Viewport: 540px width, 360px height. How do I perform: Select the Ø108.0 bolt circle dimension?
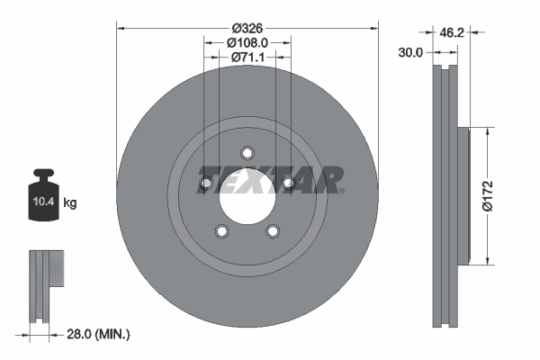(247, 40)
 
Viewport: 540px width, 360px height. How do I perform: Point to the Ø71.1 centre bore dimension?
(247, 58)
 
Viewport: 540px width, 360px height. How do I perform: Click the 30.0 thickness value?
(409, 53)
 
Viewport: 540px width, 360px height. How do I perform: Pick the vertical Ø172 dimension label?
(487, 196)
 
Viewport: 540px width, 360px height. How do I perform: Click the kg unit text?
(70, 204)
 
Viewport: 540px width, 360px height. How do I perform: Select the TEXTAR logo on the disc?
(270, 179)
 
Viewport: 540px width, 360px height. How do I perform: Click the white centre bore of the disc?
(246, 192)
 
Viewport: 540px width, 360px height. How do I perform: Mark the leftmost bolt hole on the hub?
(205, 184)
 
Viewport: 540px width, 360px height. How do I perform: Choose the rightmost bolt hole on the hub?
(289, 184)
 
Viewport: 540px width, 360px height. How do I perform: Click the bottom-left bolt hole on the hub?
(221, 232)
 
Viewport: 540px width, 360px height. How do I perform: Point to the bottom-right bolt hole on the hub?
(273, 232)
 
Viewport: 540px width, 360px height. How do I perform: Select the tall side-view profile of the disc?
(449, 196)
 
